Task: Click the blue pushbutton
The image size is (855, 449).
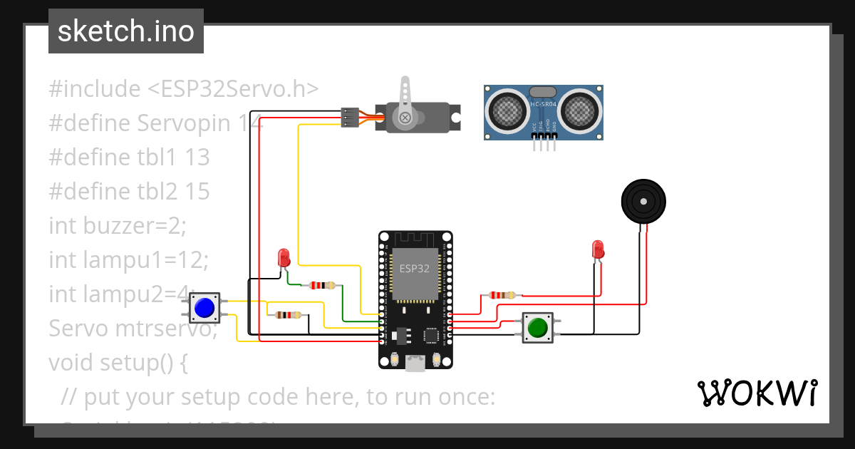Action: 204,307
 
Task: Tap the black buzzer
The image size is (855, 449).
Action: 643,202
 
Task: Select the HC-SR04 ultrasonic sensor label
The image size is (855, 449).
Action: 544,104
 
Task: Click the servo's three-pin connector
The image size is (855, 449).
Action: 350,118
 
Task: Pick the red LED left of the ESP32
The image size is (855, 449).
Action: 284,257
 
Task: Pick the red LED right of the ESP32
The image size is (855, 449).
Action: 598,249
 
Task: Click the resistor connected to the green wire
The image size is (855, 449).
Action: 321,286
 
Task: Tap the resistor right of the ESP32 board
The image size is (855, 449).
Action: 502,295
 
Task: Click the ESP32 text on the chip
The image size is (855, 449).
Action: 414,269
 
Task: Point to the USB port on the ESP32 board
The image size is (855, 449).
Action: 415,363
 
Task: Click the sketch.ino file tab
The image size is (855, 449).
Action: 126,31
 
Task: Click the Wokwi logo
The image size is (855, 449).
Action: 756,393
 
